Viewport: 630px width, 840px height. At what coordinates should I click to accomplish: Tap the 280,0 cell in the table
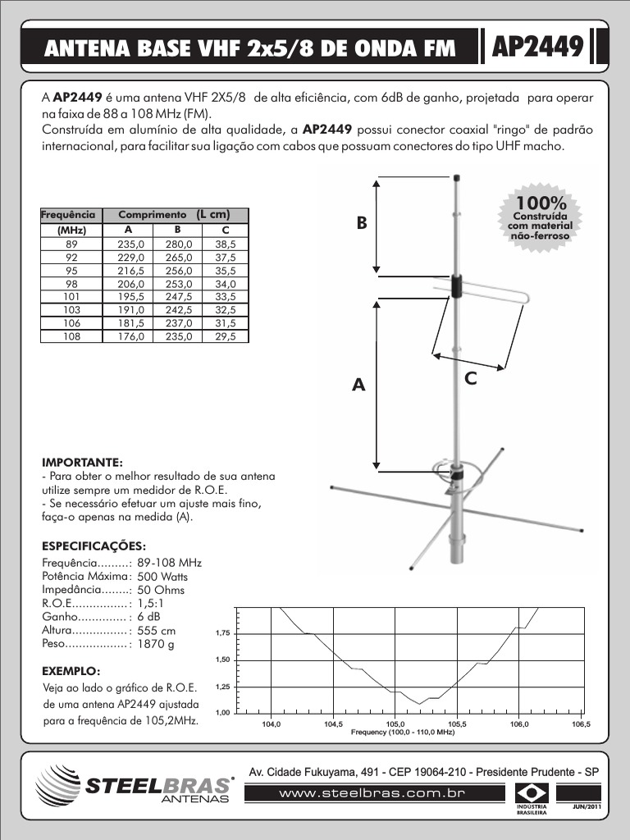pyautogui.click(x=178, y=244)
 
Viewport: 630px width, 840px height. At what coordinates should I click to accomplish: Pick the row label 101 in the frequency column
pyautogui.click(x=71, y=296)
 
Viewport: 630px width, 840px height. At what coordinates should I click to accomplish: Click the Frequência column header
pyautogui.click(x=69, y=214)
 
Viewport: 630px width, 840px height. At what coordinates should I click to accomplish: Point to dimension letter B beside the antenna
pyautogui.click(x=361, y=223)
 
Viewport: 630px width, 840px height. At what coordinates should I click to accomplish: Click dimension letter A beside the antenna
pyautogui.click(x=358, y=385)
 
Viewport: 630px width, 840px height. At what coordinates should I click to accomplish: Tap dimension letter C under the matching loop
pyautogui.click(x=471, y=378)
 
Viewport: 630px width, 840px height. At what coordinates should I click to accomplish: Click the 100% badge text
pyautogui.click(x=540, y=203)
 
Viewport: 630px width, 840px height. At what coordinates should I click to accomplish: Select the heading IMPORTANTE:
pyautogui.click(x=82, y=462)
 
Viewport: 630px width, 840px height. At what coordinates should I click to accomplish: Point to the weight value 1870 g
pyautogui.click(x=156, y=645)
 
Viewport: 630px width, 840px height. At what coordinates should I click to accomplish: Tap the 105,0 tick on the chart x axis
pyautogui.click(x=395, y=724)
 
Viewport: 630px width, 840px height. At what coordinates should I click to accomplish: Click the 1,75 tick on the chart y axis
pyautogui.click(x=222, y=634)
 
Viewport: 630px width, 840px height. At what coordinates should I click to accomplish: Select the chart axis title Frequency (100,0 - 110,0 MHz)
pyautogui.click(x=402, y=732)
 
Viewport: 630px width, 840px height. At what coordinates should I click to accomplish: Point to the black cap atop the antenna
pyautogui.click(x=457, y=177)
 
